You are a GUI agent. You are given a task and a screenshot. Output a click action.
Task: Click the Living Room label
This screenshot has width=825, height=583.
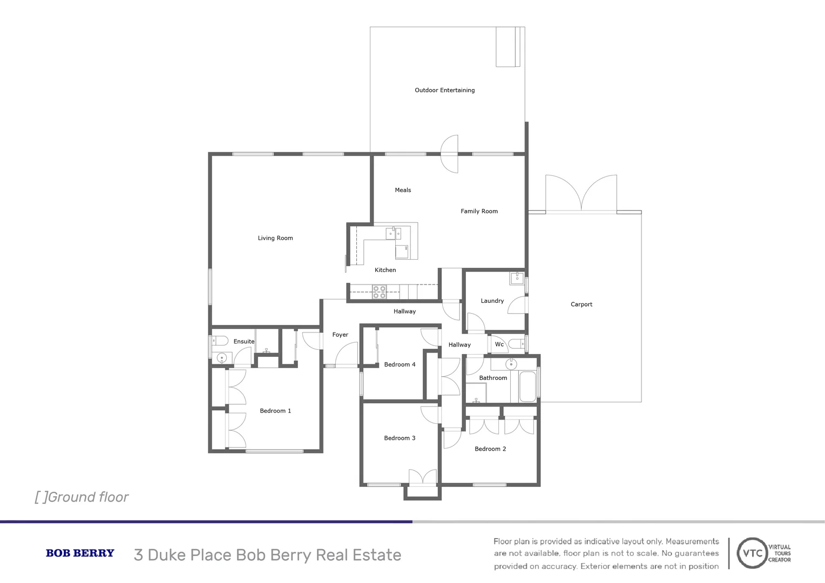tap(275, 238)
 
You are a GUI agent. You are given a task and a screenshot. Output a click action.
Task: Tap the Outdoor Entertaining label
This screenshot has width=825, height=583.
tap(444, 90)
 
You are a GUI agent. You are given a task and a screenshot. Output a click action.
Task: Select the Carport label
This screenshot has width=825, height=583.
tap(581, 304)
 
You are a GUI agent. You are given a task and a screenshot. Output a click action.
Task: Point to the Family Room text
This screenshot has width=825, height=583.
tap(479, 211)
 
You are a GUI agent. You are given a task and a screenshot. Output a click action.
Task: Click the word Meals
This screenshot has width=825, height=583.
tap(403, 190)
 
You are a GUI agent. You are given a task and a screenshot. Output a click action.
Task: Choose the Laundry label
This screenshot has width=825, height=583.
tap(492, 301)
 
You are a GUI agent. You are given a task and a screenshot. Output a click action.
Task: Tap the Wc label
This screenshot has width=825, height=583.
tap(499, 344)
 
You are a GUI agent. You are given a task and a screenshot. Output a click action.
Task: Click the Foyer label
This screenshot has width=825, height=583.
tap(340, 335)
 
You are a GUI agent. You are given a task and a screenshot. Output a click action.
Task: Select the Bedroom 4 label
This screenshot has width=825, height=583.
tap(400, 364)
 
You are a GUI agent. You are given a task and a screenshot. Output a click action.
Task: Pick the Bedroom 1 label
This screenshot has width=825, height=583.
tap(275, 411)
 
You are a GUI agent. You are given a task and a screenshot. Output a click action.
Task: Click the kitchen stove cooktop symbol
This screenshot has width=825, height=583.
tap(379, 292)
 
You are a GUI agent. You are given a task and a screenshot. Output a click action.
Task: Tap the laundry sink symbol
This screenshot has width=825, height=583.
tap(517, 279)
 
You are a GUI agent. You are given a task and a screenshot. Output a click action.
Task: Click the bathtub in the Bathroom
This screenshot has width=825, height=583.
tap(528, 387)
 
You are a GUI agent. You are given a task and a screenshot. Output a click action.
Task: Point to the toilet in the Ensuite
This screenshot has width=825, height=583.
tap(219, 341)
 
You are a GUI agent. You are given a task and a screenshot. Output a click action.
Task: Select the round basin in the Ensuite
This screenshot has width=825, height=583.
tap(221, 357)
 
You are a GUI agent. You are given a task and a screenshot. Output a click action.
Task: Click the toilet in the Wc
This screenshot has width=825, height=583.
tap(516, 344)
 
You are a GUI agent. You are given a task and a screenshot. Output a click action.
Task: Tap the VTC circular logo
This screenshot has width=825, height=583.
tap(753, 553)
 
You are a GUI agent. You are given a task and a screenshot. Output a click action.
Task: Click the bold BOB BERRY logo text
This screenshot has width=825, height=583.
tap(80, 553)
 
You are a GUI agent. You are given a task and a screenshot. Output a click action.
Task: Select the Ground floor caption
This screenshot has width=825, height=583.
tap(82, 497)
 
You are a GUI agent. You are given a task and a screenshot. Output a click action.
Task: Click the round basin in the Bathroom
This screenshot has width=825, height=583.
tap(511, 364)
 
